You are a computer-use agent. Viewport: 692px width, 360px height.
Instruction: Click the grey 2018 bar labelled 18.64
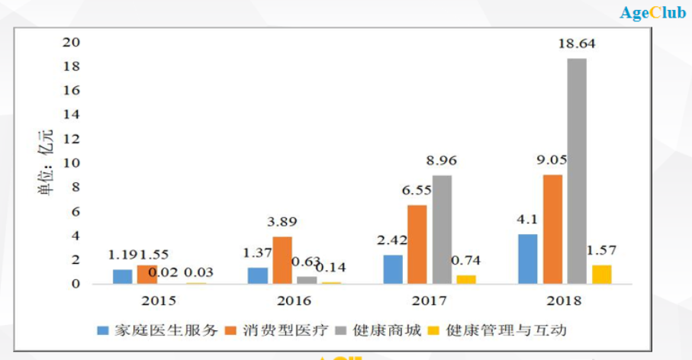coord(577,171)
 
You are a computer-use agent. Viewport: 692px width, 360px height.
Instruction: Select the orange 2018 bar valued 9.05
coord(552,229)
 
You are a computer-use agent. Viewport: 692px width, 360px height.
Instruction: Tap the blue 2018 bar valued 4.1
coord(528,259)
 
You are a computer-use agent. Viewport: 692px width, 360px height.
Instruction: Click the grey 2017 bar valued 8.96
coord(442,230)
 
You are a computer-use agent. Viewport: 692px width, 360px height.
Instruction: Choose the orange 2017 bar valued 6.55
coord(417,244)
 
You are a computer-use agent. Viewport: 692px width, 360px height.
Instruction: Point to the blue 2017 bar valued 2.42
coord(393,269)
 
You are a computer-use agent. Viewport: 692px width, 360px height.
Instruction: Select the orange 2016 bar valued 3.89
coord(282,260)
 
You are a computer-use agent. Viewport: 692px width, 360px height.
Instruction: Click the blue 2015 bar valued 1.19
coord(122,277)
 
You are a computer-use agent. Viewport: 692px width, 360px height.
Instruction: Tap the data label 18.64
coord(577,44)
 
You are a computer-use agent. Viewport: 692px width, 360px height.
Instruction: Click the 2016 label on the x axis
coord(295,301)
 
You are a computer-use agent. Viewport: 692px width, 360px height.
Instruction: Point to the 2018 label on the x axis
coord(565,301)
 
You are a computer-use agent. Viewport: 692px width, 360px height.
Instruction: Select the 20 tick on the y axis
coord(71,42)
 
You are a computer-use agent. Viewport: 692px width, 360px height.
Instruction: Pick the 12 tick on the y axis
coord(71,139)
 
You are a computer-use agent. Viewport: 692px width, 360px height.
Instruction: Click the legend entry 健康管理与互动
coord(497,330)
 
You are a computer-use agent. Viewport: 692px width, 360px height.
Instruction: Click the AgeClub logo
coord(652,13)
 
